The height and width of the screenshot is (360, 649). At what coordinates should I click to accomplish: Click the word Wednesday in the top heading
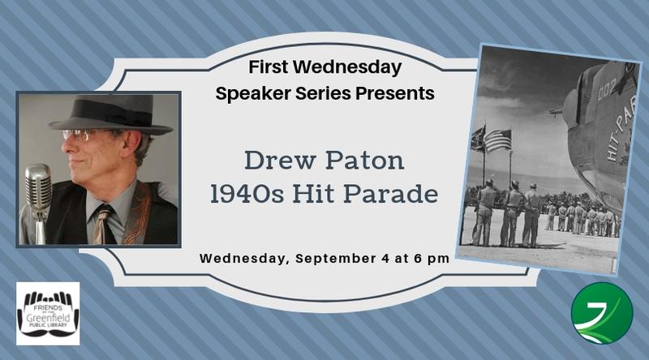(349, 68)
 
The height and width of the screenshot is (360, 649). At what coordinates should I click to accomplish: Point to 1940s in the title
(247, 194)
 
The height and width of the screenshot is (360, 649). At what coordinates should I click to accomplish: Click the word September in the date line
(336, 259)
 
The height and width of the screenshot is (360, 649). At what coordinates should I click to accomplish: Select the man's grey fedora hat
(110, 115)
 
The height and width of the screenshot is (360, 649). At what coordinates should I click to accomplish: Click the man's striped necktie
(101, 225)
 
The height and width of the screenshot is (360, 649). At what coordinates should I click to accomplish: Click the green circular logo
(602, 313)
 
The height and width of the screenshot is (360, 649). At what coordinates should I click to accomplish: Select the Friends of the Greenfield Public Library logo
(48, 314)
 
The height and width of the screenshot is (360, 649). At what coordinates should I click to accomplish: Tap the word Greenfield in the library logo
(48, 317)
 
